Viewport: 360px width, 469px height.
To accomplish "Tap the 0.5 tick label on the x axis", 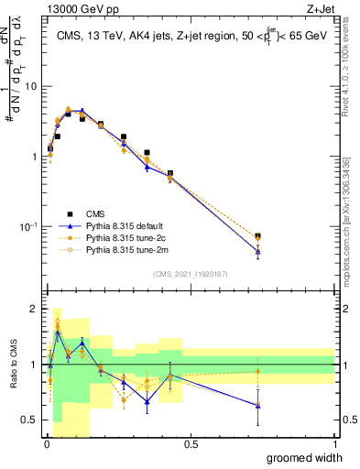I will [191, 442].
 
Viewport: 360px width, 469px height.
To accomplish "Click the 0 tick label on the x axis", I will [46, 442].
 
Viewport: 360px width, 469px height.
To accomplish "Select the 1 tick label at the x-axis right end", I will [334, 442].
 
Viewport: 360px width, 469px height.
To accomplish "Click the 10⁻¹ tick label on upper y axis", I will [28, 226].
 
